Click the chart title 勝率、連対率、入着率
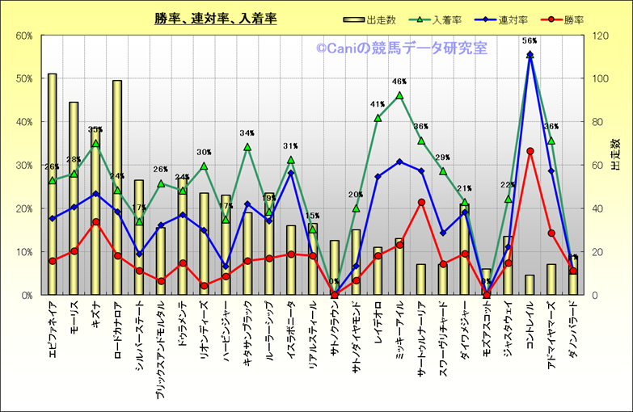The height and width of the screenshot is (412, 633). (215, 18)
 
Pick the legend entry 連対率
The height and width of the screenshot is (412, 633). (514, 19)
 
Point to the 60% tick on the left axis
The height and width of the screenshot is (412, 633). (22, 36)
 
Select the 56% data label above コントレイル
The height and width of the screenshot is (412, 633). (530, 40)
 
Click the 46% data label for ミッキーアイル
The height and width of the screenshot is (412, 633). (399, 82)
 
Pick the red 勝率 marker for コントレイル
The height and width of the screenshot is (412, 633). (530, 151)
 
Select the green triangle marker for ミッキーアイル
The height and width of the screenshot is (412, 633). (399, 95)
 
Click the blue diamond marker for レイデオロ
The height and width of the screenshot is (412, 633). (378, 176)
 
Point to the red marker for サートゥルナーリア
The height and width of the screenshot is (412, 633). (421, 202)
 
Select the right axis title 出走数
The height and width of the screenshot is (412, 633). (616, 153)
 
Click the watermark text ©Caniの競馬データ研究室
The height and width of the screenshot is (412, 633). (402, 48)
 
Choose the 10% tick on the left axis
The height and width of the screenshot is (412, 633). (22, 251)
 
